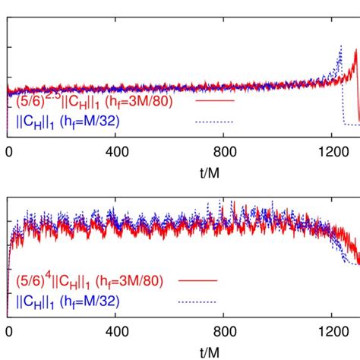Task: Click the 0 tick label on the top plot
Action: (x=8, y=151)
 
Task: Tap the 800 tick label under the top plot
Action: (x=226, y=151)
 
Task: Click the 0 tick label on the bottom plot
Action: (x=8, y=332)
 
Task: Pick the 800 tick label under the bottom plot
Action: (x=226, y=332)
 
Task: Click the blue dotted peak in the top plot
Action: (x=341, y=46)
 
